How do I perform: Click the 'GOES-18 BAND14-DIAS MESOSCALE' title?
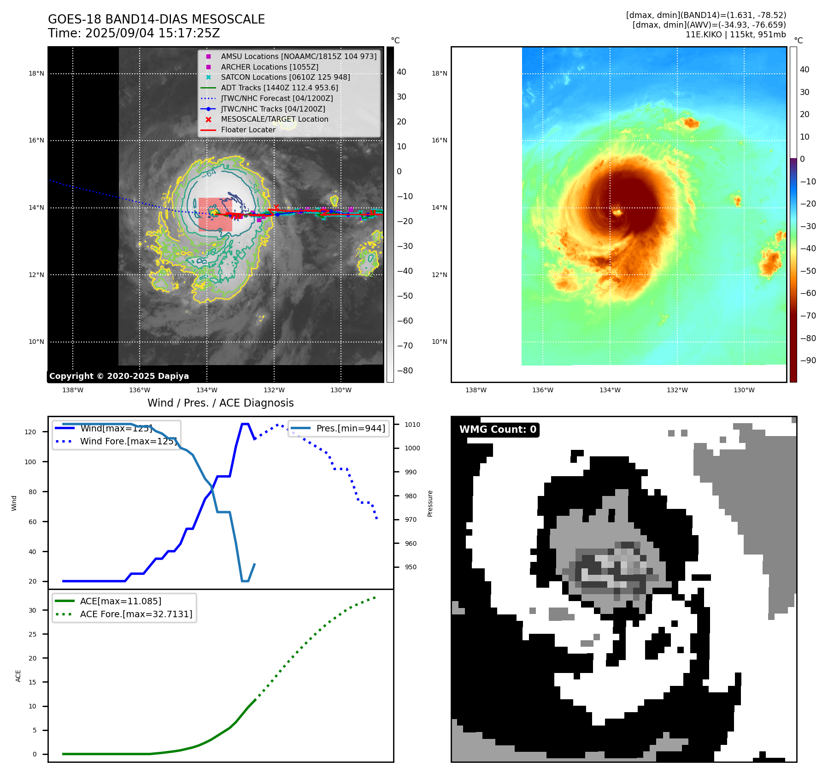coord(156,19)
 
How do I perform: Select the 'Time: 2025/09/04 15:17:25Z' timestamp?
coord(134,33)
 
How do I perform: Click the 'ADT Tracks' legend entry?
coord(279,88)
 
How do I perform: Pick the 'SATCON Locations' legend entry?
coord(285,77)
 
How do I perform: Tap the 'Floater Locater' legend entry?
coord(248,130)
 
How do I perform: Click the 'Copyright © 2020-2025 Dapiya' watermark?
coord(119,376)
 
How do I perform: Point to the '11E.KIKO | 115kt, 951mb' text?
coord(735,35)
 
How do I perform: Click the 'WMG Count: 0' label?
coord(498,430)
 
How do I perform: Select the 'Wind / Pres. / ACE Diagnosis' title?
coord(220,403)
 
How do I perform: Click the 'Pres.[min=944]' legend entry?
coord(351,428)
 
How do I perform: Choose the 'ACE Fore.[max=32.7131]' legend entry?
coord(136,614)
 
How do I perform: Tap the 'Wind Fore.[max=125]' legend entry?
coord(128,441)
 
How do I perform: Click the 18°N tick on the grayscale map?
coord(36,73)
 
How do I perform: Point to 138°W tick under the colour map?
coord(476,390)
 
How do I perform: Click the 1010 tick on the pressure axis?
coord(412,425)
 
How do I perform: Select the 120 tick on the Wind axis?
coord(30,432)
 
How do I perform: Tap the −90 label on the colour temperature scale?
coord(808,360)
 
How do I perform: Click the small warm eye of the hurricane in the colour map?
coord(617,212)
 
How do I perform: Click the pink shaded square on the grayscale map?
coord(215,215)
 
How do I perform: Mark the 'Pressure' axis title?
coord(430,503)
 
